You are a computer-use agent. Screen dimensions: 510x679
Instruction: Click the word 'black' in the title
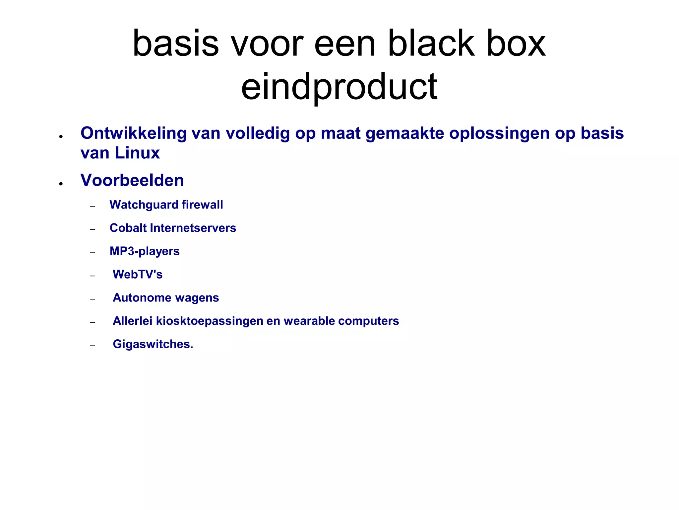tap(431, 43)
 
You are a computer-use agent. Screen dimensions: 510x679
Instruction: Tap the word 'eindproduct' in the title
tap(339, 87)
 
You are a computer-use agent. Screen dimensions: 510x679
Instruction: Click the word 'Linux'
tap(137, 153)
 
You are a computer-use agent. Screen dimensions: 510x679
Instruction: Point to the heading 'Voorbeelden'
tap(132, 180)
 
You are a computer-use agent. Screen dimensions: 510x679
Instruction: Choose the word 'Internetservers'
tap(193, 228)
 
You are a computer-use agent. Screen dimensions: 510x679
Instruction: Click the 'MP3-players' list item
tap(145, 251)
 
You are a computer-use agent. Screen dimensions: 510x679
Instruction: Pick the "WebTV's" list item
tap(138, 275)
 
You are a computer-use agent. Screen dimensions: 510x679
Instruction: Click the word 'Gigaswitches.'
tap(153, 344)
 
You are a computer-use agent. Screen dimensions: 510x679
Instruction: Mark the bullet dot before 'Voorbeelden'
tap(61, 184)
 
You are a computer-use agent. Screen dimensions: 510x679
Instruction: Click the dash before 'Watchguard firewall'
tap(93, 207)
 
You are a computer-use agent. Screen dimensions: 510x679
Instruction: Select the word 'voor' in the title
tap(267, 43)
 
